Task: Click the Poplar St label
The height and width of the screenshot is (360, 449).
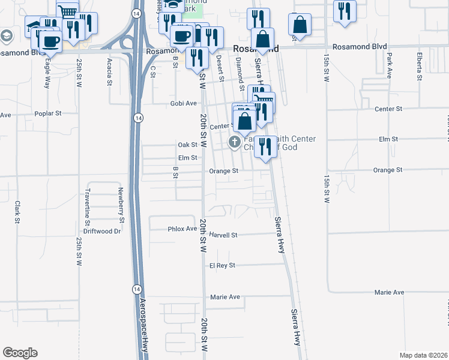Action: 49,113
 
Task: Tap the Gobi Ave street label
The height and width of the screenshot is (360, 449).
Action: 184,103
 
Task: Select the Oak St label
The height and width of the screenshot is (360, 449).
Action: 187,145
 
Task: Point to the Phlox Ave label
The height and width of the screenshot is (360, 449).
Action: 182,229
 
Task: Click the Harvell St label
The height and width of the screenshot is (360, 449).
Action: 224,235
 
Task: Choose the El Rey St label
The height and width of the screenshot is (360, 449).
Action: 222,265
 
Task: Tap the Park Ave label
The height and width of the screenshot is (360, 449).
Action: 389,63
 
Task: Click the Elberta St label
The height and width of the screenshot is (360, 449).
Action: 418,63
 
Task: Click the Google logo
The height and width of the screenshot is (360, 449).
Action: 20,353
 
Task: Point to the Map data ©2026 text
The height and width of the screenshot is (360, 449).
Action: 424,355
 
